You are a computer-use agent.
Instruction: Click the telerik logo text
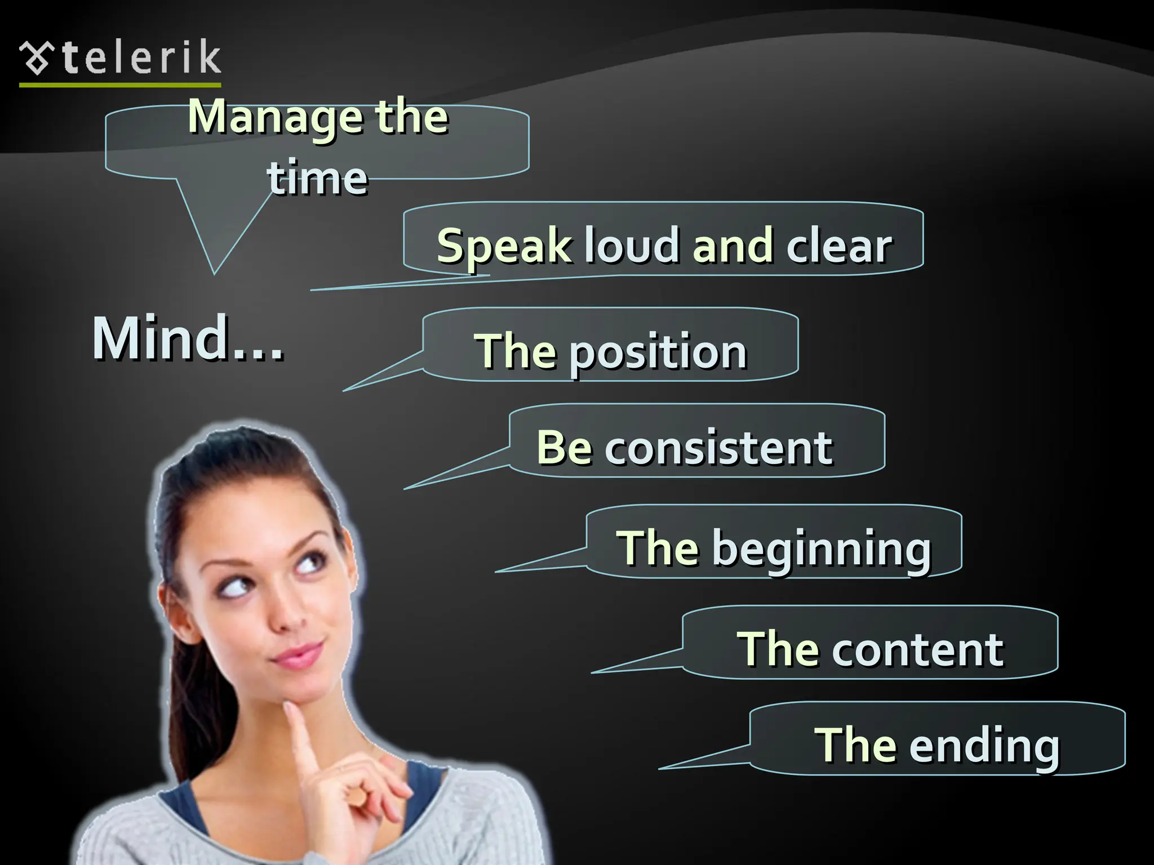click(141, 57)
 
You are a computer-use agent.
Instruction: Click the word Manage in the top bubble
click(276, 117)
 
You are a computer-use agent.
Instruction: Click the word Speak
click(504, 247)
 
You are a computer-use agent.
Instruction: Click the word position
click(658, 353)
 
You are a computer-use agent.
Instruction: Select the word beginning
click(822, 549)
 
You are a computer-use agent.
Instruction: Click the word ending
click(984, 746)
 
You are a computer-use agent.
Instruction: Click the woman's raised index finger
click(303, 738)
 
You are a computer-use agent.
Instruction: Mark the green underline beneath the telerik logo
click(120, 85)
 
